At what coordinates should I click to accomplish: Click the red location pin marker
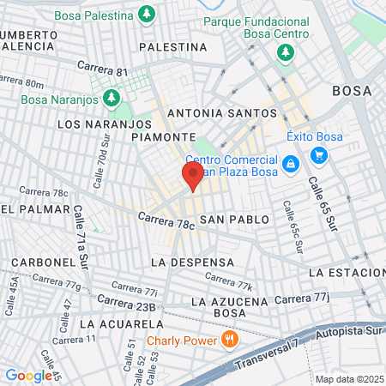tap(192, 177)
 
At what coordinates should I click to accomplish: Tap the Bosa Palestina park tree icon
tap(148, 15)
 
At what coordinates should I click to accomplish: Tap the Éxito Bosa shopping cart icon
tap(319, 155)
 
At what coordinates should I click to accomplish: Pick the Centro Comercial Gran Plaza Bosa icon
tap(291, 162)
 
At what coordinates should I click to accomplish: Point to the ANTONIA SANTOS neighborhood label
tap(222, 113)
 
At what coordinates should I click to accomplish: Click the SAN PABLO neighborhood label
tap(234, 220)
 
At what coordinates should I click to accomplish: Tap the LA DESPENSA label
tap(191, 261)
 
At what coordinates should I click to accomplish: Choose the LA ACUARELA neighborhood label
tap(120, 324)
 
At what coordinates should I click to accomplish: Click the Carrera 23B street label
tap(126, 303)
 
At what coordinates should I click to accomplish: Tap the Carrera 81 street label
tap(102, 68)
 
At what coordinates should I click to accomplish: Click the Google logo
tap(27, 375)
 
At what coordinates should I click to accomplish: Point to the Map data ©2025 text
tap(347, 379)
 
